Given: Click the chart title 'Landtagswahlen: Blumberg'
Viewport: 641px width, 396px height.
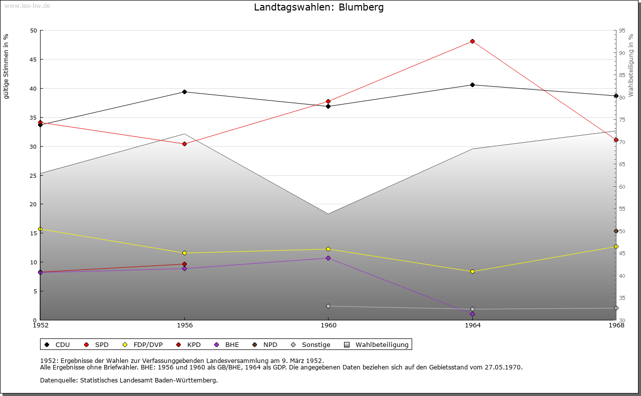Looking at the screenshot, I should [318, 8].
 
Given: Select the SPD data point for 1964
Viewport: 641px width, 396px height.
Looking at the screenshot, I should [472, 41].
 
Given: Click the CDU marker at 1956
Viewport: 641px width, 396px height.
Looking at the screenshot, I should [184, 92].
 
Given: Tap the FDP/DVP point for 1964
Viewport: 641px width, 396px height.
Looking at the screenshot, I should [472, 271].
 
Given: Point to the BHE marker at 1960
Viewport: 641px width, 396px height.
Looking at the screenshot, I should [328, 258].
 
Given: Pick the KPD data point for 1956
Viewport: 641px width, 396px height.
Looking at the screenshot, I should [184, 264].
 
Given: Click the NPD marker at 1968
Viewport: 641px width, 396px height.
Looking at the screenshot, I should [616, 231].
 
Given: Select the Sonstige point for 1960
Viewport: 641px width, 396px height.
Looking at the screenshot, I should [328, 306].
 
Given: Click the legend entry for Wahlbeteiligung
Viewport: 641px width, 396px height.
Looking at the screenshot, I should [382, 344].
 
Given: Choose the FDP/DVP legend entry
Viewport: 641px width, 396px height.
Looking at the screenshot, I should [148, 344].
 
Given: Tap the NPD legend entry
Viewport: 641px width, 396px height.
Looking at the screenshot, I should [270, 344].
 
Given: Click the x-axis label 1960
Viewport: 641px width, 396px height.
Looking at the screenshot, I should [328, 325].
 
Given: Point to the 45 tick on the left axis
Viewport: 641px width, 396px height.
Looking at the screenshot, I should [33, 60].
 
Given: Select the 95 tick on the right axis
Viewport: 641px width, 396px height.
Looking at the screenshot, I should [621, 31].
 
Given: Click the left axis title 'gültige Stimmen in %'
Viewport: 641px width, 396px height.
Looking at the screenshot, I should [7, 66].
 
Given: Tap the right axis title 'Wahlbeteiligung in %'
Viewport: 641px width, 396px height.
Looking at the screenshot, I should [631, 65].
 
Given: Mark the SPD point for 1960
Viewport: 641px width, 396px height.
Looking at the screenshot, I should [328, 101].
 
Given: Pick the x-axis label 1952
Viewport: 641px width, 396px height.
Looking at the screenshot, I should [40, 325].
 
